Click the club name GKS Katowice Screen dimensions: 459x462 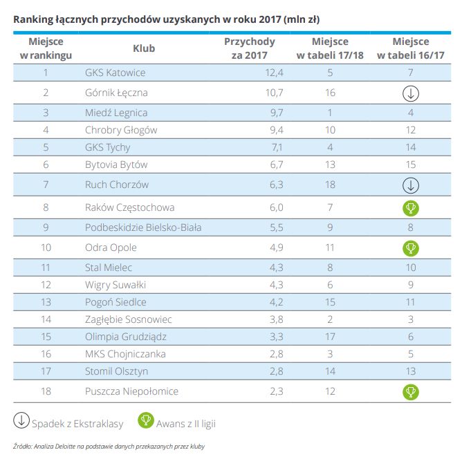115,72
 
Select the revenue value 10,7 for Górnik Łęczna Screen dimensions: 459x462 255,93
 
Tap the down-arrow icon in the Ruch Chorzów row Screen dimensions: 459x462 411,185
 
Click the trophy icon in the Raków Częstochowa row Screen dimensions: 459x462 411,207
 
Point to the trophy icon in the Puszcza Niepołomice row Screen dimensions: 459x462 411,391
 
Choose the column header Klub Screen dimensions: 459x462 144,48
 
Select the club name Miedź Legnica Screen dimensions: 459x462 116,113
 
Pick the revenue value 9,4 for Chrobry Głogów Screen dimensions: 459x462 257,130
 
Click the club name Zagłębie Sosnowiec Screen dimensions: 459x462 129,319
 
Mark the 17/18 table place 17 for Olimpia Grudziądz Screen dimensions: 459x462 330,337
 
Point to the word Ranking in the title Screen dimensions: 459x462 34,18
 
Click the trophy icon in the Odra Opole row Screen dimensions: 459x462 411,247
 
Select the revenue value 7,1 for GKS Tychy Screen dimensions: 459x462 257,147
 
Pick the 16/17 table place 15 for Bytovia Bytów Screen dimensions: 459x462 411,165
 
